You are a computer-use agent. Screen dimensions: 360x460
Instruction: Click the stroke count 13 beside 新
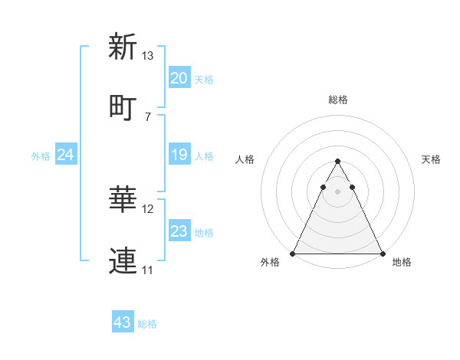tap(148, 56)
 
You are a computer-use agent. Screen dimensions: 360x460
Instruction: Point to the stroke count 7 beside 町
tap(148, 116)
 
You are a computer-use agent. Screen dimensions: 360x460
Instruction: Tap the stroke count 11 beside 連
tap(148, 270)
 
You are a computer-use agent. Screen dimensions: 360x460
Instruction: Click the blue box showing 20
tap(179, 78)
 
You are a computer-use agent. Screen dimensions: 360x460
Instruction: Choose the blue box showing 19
tap(179, 155)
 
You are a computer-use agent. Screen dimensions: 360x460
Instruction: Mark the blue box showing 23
tap(179, 231)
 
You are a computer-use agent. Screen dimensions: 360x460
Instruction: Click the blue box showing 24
tap(65, 155)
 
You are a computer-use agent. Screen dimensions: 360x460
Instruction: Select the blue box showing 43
tap(122, 322)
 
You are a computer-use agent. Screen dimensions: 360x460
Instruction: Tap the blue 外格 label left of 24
tap(41, 156)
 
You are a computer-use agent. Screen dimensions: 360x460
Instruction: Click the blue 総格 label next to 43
tap(147, 324)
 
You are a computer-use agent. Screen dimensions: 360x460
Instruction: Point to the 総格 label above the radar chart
tap(337, 100)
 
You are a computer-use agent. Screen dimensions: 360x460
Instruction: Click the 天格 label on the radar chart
tap(431, 159)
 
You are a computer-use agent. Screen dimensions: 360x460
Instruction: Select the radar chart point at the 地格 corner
tap(382, 254)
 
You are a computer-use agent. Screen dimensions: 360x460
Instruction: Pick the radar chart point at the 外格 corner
tap(293, 254)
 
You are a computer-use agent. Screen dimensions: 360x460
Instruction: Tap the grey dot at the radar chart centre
tap(337, 191)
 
